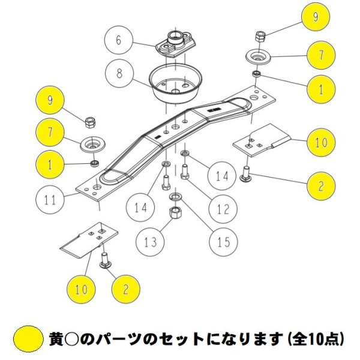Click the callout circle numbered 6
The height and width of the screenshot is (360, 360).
119,40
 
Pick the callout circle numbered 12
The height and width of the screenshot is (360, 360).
223,209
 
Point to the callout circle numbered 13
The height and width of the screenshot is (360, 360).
151,242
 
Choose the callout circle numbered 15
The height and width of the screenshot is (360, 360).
223,242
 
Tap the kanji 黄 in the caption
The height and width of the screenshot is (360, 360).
56,338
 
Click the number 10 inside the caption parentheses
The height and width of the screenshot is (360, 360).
316,338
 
